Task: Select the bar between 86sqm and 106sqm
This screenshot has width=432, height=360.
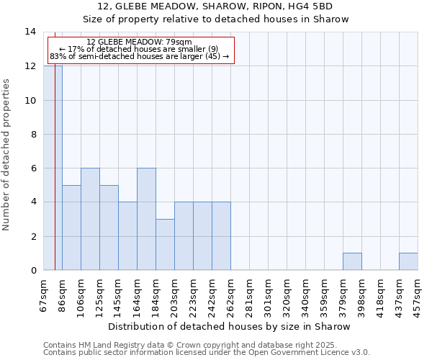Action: tap(71, 228)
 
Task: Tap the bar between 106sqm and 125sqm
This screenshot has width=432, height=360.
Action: tap(90, 219)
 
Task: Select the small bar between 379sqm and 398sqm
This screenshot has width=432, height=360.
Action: tap(352, 261)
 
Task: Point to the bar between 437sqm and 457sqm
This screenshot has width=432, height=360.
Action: tap(408, 261)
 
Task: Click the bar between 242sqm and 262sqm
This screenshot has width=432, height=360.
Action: tap(221, 236)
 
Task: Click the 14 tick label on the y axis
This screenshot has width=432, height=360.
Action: tap(30, 32)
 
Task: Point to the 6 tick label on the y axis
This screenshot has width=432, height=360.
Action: tap(33, 168)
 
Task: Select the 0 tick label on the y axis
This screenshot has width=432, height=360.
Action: tap(33, 270)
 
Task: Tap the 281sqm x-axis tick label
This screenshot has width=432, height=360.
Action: tap(249, 295)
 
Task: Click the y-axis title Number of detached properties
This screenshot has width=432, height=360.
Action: tap(6, 156)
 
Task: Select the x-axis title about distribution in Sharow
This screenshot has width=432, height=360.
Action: tap(230, 326)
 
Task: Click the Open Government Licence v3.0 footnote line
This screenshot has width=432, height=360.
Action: tap(207, 352)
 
